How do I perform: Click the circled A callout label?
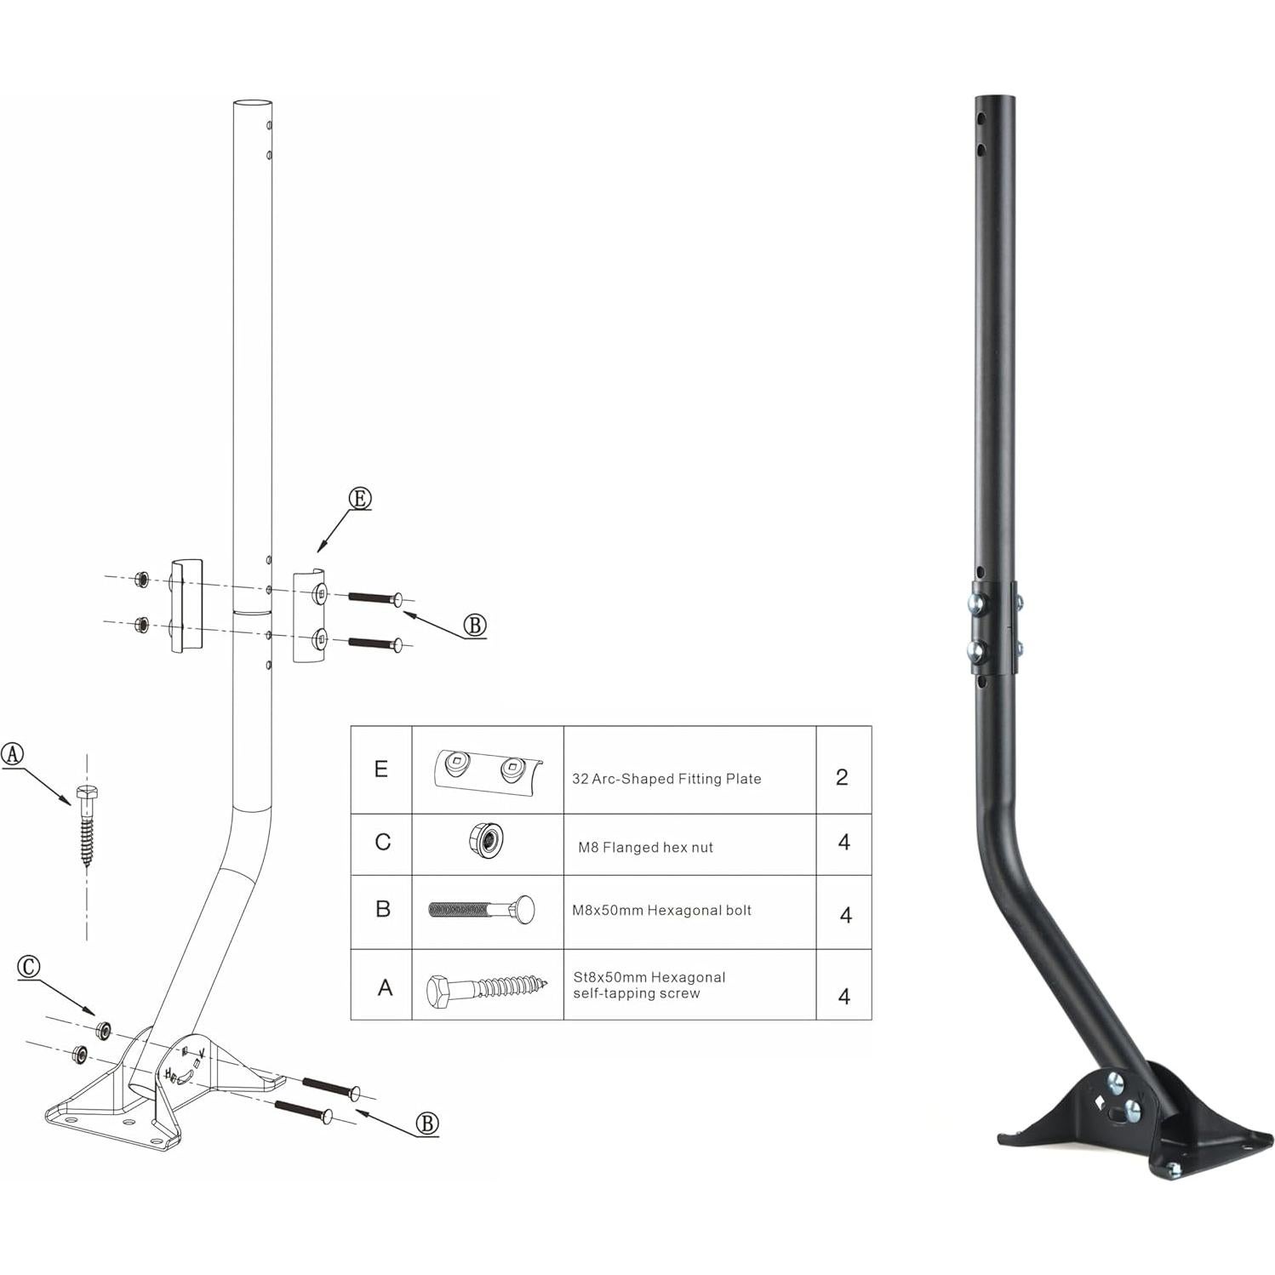pos(13,753)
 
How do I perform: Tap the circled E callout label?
pos(360,499)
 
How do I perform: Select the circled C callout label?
pos(29,967)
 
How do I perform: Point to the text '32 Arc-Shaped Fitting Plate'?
pos(666,779)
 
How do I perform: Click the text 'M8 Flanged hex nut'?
pos(645,847)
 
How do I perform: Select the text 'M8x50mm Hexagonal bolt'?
pos(661,911)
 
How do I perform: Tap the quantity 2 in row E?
pos(842,777)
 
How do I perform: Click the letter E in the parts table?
pos(381,769)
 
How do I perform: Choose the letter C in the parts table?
pos(382,843)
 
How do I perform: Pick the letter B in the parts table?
pos(383,909)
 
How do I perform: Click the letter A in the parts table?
pos(385,988)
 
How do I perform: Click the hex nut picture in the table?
pos(486,842)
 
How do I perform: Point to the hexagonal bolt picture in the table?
pos(482,910)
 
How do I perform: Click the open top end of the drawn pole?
pos(253,104)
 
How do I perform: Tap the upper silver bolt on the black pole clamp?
pos(975,604)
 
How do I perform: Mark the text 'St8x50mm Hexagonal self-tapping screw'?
pos(649,985)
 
